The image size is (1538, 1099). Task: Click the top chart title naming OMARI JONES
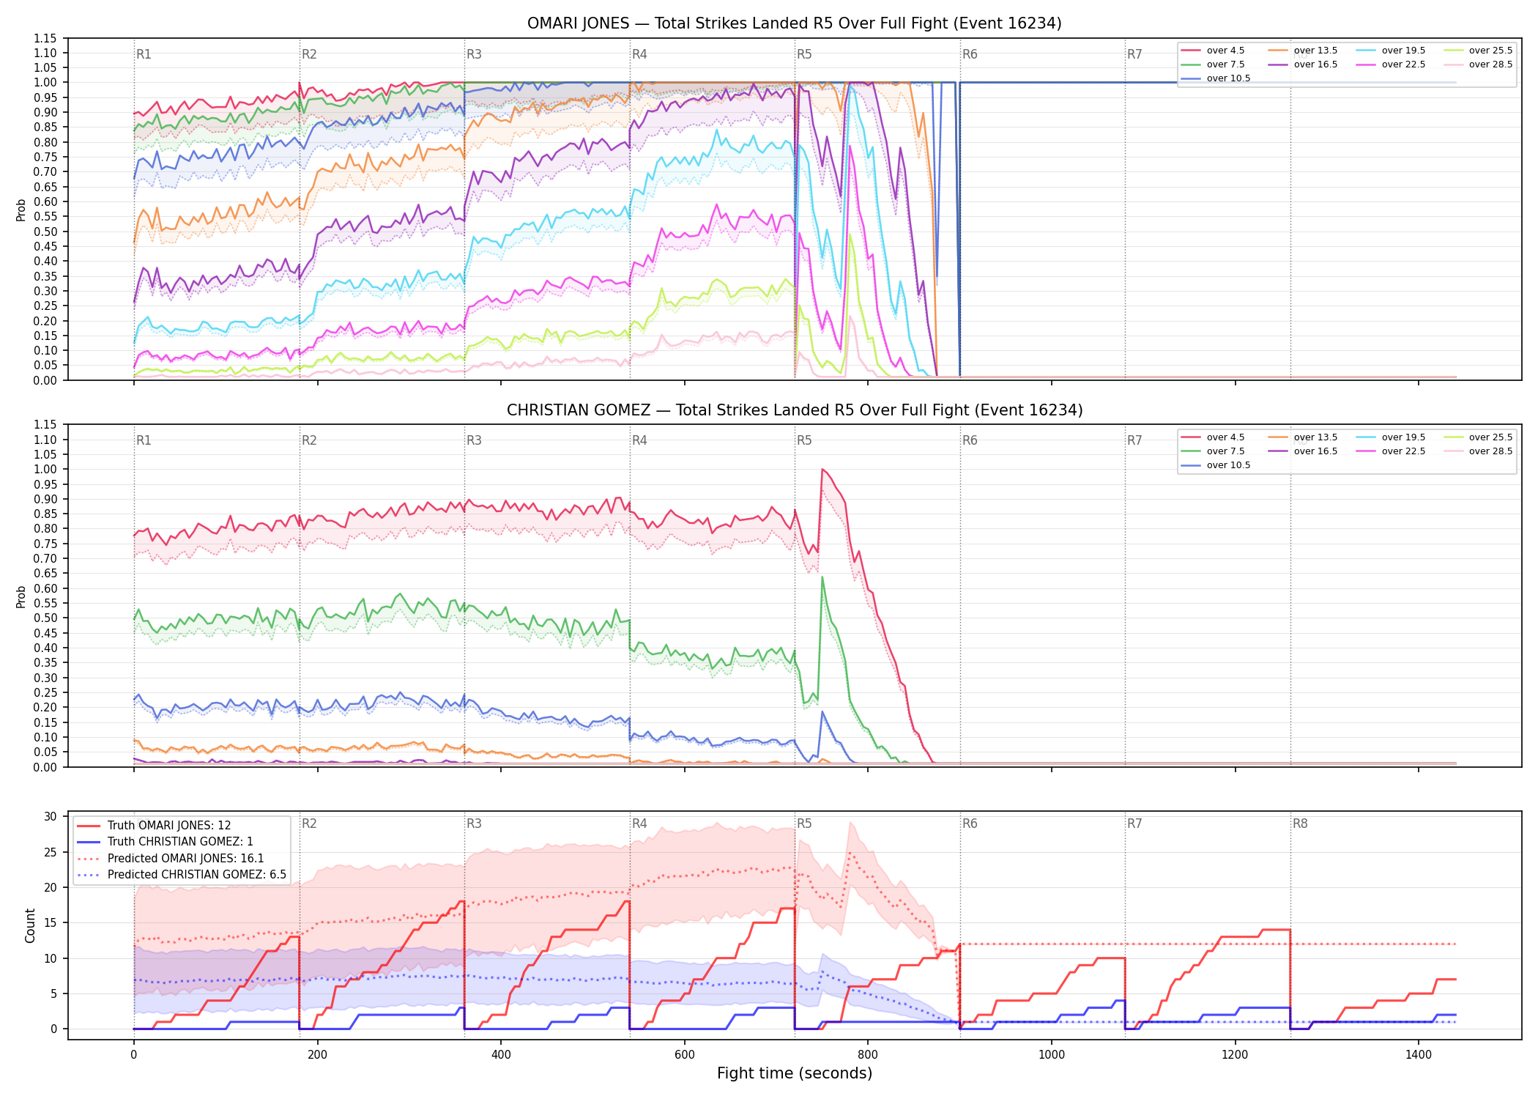click(794, 23)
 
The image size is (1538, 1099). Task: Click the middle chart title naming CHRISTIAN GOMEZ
click(794, 410)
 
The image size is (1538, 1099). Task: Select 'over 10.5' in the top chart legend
click(1228, 78)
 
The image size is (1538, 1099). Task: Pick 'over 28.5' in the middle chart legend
click(1490, 451)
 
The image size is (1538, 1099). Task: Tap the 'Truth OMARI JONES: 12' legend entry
click(169, 825)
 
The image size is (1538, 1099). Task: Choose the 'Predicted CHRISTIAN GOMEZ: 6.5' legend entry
click(197, 874)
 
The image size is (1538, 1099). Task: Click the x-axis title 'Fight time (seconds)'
click(795, 1073)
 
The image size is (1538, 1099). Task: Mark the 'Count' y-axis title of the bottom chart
click(30, 925)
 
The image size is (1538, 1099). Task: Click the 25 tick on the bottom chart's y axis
click(51, 852)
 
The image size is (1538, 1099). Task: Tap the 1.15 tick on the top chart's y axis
click(45, 38)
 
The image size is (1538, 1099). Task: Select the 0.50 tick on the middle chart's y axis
click(45, 618)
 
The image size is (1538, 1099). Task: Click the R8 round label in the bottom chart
click(1300, 824)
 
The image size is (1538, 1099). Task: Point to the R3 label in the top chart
click(474, 54)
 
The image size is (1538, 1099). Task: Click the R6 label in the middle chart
click(970, 440)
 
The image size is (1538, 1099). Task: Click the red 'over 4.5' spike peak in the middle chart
click(822, 469)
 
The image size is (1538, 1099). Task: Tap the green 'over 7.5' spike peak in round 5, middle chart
click(822, 577)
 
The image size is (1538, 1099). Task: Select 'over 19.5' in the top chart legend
click(1403, 51)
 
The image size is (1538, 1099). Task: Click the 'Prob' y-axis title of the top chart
click(21, 210)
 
